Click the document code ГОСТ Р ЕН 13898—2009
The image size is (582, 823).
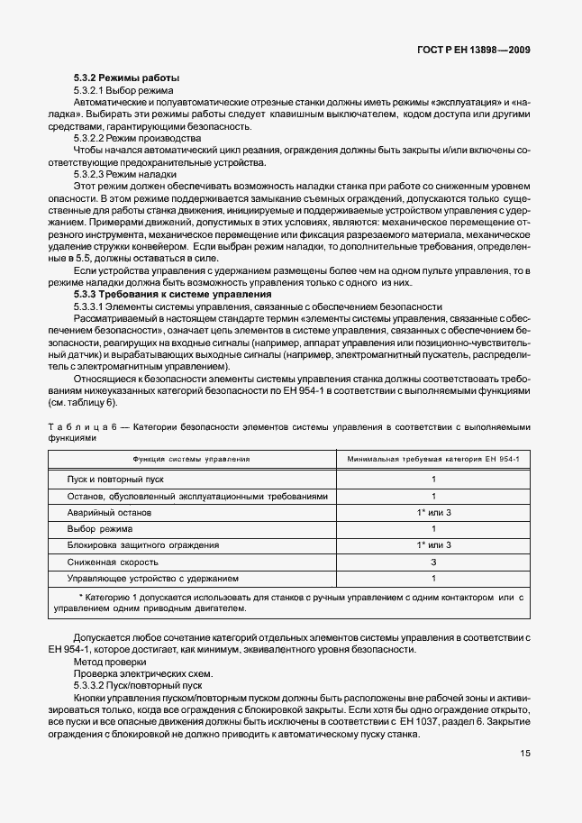coord(479,51)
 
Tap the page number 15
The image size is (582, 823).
coord(523,754)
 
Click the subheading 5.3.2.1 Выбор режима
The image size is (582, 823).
coord(123,91)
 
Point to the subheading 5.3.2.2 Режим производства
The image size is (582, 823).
coord(136,139)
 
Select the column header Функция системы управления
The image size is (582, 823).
coord(191,459)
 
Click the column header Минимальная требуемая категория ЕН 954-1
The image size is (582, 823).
coord(433,459)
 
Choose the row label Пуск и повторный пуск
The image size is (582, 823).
coord(115,480)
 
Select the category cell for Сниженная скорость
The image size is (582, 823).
coord(433,561)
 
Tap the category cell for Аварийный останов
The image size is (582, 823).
coord(433,512)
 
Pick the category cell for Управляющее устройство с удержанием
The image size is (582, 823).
coord(433,578)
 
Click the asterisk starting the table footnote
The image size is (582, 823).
coord(80,597)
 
